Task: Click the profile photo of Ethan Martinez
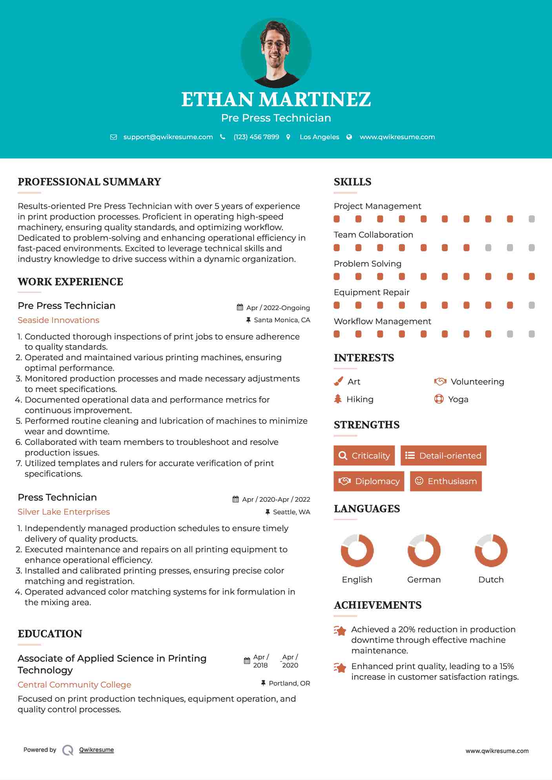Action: [276, 53]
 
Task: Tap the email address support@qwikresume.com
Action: [168, 137]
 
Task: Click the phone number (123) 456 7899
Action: [256, 137]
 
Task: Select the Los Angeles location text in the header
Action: [319, 137]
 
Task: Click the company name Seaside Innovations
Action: [58, 320]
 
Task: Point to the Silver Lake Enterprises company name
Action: [64, 512]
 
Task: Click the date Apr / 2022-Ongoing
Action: [278, 308]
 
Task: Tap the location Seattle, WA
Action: [291, 512]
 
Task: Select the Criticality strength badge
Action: [364, 455]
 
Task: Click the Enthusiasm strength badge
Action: [446, 481]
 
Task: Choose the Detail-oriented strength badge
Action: [443, 455]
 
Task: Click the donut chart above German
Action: [424, 550]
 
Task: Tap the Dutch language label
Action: [491, 579]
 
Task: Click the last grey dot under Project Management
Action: [532, 219]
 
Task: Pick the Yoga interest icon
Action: [439, 399]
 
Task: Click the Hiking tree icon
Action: [338, 399]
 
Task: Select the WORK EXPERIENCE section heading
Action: [70, 282]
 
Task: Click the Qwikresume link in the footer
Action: [97, 750]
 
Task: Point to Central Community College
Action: [74, 685]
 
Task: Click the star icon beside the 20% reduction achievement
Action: [340, 631]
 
